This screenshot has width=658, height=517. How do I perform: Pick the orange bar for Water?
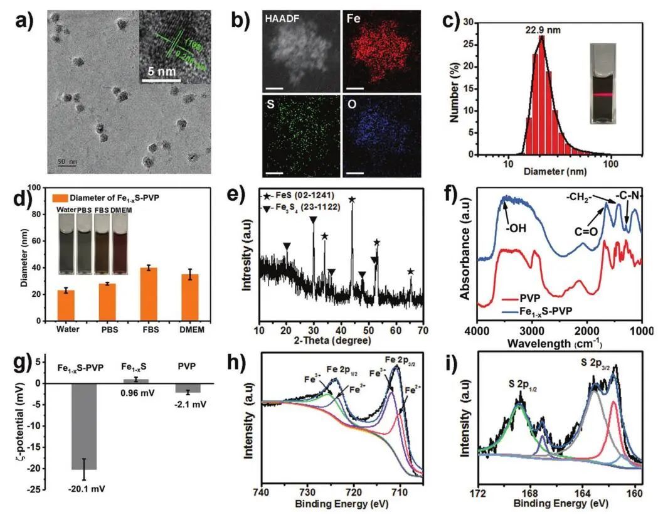(66, 306)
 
